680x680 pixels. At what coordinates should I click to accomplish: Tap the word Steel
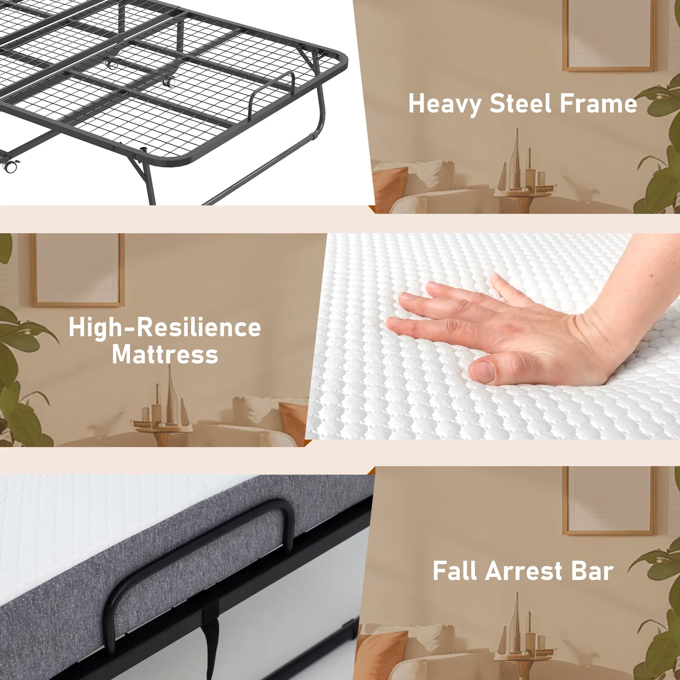[x=521, y=104]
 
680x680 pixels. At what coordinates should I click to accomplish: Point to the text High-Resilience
[x=165, y=328]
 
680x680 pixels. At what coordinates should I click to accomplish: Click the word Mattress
[x=165, y=354]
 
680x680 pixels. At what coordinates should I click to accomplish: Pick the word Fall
[x=455, y=571]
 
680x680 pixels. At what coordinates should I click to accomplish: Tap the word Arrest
[x=523, y=571]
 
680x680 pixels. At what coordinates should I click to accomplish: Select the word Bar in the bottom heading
[x=592, y=571]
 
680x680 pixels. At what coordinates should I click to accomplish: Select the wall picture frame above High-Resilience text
[x=78, y=270]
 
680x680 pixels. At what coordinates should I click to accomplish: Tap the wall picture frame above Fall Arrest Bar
[x=608, y=501]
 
